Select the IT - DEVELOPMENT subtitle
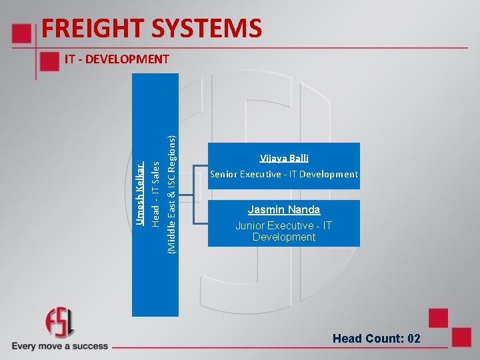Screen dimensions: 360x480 click(117, 59)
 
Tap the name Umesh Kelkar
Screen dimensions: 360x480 click(139, 193)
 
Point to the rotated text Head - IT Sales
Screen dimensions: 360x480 click(155, 193)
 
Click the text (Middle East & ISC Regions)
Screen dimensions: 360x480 click(171, 194)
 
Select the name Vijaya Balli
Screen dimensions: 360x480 click(284, 158)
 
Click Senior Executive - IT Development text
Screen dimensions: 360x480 click(284, 174)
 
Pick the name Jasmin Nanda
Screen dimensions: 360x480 click(284, 209)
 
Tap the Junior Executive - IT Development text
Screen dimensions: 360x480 click(284, 231)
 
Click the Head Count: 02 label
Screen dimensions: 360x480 click(377, 339)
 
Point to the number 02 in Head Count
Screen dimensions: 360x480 click(413, 339)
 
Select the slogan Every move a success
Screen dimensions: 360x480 click(59, 346)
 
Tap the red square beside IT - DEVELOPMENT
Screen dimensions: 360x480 click(49, 61)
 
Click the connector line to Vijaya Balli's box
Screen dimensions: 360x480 click(200, 168)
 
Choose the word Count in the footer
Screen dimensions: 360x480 click(385, 339)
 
